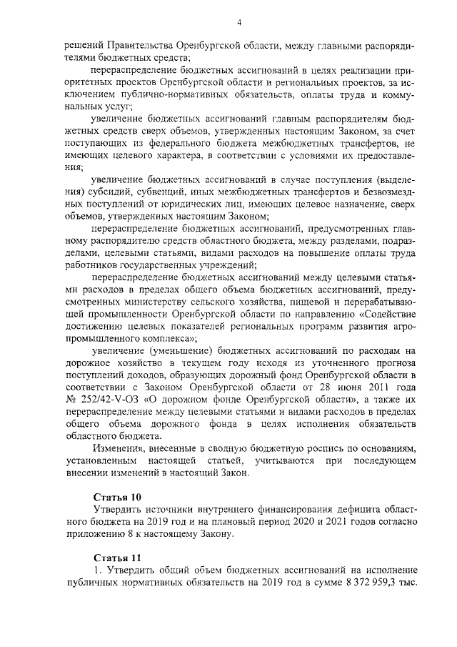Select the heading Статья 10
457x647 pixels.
117,495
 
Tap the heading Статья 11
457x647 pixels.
117,557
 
